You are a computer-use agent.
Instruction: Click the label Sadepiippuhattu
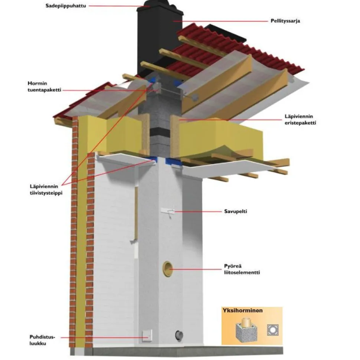click(66, 6)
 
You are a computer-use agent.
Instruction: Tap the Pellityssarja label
click(285, 21)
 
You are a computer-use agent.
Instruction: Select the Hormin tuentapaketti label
click(44, 86)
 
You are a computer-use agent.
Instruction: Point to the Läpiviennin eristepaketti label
click(300, 120)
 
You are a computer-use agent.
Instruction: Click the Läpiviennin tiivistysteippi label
click(46, 189)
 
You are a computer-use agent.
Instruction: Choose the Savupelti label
click(236, 211)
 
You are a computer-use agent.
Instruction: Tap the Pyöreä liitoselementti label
click(242, 269)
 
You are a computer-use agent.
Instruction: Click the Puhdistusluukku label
click(42, 340)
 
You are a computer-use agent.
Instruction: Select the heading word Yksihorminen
click(243, 310)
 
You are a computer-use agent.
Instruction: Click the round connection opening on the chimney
click(168, 269)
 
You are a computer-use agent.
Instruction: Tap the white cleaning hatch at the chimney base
click(147, 336)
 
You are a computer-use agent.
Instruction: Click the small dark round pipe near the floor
click(179, 336)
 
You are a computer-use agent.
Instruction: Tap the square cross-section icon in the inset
click(273, 330)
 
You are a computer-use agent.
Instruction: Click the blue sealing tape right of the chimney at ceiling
click(173, 161)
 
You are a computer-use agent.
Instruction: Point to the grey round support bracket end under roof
click(195, 98)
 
